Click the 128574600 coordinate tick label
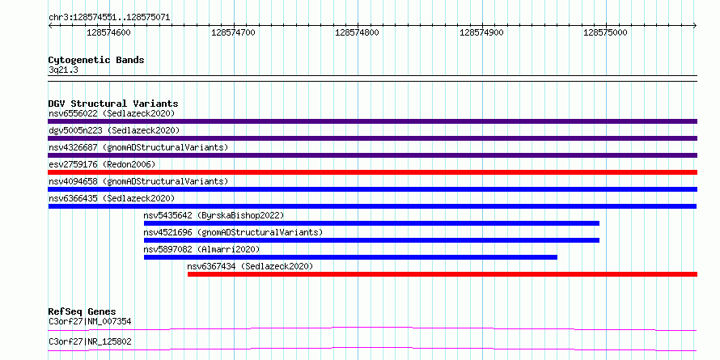pyautogui.click(x=108, y=32)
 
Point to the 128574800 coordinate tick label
pyautogui.click(x=358, y=32)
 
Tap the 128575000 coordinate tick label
pyautogui.click(x=605, y=32)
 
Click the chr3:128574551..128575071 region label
pyautogui.click(x=109, y=18)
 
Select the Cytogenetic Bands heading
pyautogui.click(x=96, y=60)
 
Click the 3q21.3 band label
pyautogui.click(x=63, y=70)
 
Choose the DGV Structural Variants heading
pyautogui.click(x=113, y=104)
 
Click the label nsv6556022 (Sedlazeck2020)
pyautogui.click(x=112, y=113)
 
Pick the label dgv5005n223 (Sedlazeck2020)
pyautogui.click(x=114, y=130)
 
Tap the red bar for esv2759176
pyautogui.click(x=372, y=172)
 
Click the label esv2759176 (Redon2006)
pyautogui.click(x=102, y=164)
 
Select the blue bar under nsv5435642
pyautogui.click(x=371, y=223)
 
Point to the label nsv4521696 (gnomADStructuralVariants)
pyautogui.click(x=233, y=232)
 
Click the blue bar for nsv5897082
pyautogui.click(x=350, y=257)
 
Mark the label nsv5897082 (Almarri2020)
pyautogui.click(x=201, y=249)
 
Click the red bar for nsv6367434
pyautogui.click(x=443, y=274)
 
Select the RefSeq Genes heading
pyautogui.click(x=83, y=311)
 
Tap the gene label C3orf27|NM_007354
pyautogui.click(x=90, y=321)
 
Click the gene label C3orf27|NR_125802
pyautogui.click(x=90, y=342)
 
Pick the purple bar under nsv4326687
pyautogui.click(x=372, y=155)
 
